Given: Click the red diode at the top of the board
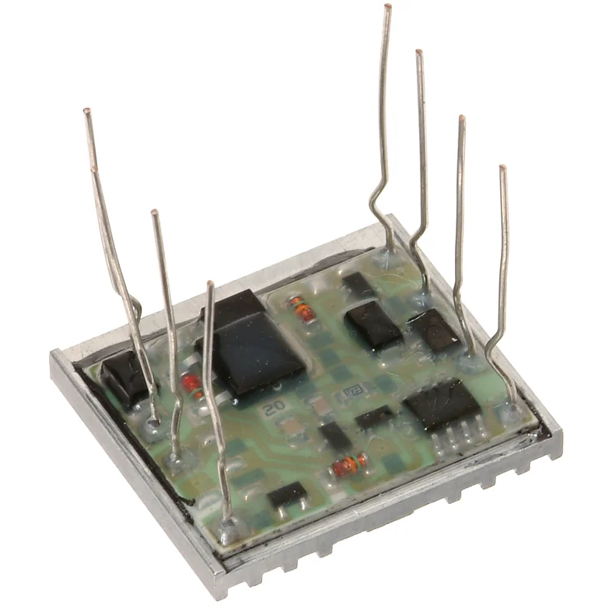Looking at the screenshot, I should point(303,309).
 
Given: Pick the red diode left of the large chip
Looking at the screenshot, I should point(191,383).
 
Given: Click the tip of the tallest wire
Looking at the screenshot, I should point(387,7).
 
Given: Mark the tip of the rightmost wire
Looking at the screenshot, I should point(502,168).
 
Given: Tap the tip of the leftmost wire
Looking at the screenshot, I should point(86,112).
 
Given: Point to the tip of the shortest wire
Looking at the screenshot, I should point(210,284).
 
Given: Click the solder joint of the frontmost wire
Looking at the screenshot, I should point(227,532).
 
